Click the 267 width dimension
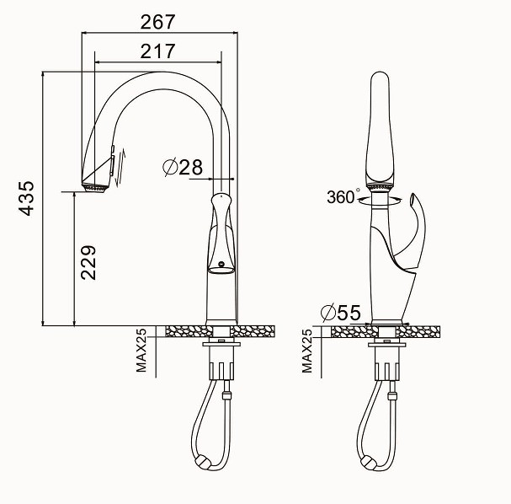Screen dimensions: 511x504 [157, 22]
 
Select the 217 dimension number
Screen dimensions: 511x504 [157, 51]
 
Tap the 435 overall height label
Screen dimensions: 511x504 [26, 198]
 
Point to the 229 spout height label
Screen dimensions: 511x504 [88, 263]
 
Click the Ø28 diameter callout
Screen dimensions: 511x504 [183, 168]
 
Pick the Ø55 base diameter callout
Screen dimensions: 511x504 [341, 313]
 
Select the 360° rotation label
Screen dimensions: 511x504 [343, 196]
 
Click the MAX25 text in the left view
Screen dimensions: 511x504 [141, 351]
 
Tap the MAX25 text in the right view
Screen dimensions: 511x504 [307, 351]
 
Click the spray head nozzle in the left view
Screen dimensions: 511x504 [95, 189]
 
